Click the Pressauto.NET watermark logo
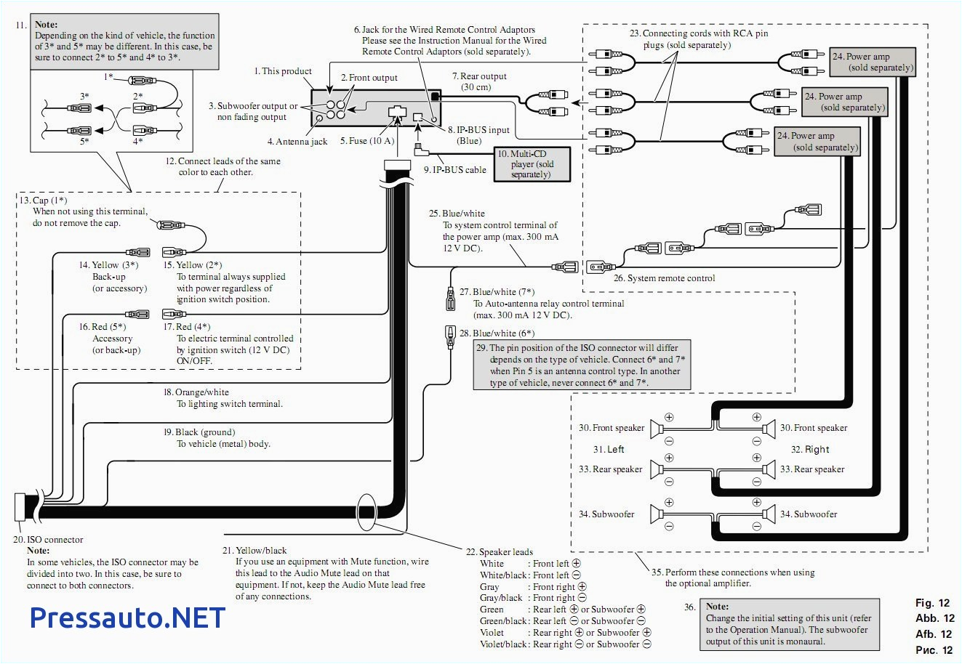click(x=127, y=617)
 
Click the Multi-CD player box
click(x=532, y=164)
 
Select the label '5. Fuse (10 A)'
click(x=366, y=141)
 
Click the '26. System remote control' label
click(x=664, y=278)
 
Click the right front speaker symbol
click(x=768, y=428)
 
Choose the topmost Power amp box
click(x=871, y=62)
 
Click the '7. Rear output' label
click(x=478, y=76)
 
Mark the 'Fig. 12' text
click(x=932, y=603)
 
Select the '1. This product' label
click(x=283, y=71)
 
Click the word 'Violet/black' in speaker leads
click(x=502, y=644)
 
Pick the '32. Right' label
click(x=810, y=449)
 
